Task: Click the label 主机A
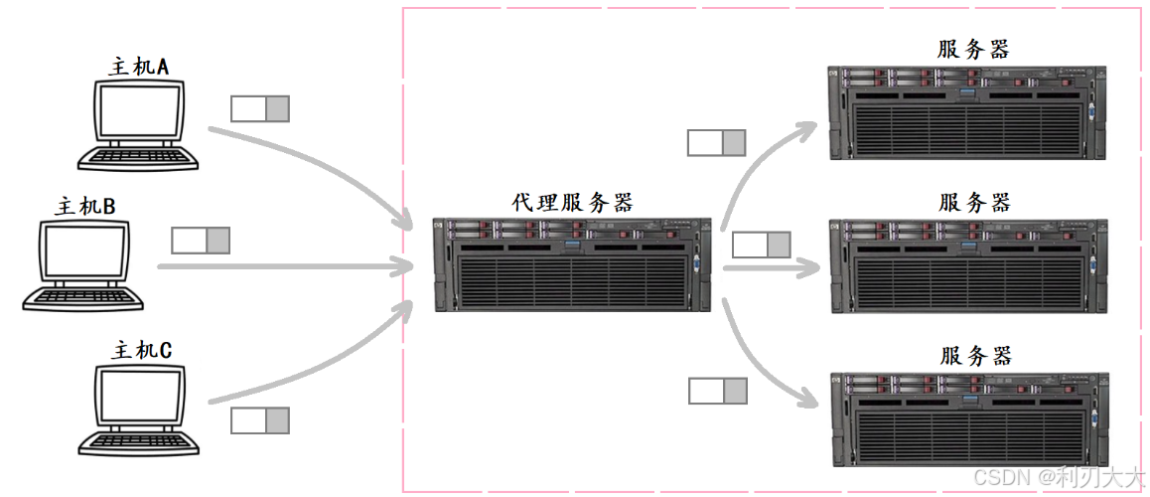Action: [x=139, y=67]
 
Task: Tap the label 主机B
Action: [x=85, y=207]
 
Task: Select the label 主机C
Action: [x=142, y=351]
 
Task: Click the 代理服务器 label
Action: [x=572, y=203]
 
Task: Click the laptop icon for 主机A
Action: [x=137, y=124]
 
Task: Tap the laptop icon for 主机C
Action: [x=137, y=409]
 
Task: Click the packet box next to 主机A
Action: [x=259, y=108]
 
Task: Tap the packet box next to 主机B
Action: [x=200, y=241]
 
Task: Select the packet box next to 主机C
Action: [x=259, y=420]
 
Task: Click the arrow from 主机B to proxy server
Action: [x=288, y=266]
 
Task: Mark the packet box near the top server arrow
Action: [x=716, y=143]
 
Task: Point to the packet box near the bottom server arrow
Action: [x=717, y=391]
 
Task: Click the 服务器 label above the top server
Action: [x=973, y=50]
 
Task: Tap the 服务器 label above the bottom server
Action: [x=974, y=356]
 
